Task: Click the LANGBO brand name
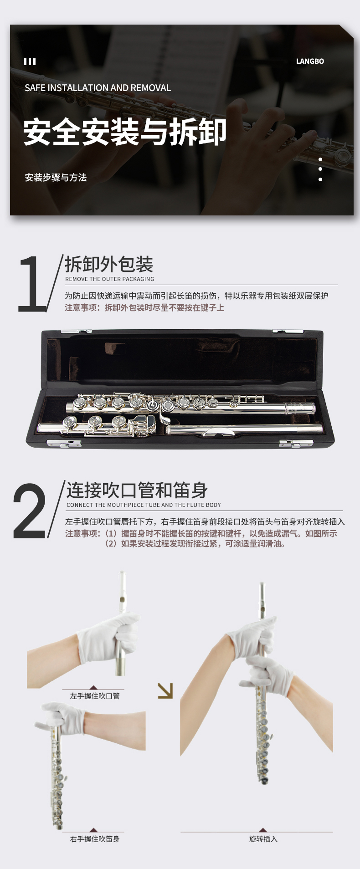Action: pos(310,61)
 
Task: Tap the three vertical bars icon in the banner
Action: pos(30,61)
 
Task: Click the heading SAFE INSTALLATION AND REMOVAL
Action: pos(98,88)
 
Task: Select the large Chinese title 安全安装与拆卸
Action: pos(125,132)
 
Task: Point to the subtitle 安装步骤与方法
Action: pos(56,178)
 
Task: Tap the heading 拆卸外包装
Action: pos(109,264)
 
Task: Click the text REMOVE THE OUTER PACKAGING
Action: pos(110,279)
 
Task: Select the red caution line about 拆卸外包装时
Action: pos(144,308)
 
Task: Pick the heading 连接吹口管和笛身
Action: pos(137,491)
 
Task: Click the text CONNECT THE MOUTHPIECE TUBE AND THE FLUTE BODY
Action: pos(144,505)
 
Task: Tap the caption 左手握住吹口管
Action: pos(95,696)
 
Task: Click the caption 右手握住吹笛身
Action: pos(95,839)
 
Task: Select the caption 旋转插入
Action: pos(263,839)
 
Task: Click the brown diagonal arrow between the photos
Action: pos(165,690)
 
